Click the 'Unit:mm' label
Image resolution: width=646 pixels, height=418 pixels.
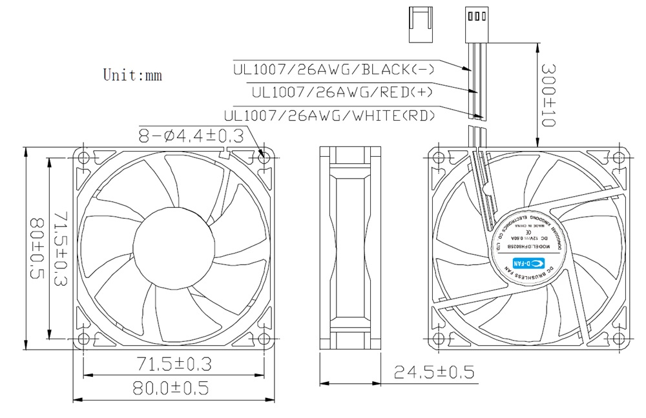click(132, 75)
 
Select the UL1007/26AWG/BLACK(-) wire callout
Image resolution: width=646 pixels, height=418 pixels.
click(333, 69)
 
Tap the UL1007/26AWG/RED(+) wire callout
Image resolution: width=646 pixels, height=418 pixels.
click(342, 92)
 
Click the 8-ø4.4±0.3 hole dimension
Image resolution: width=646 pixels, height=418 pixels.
click(191, 135)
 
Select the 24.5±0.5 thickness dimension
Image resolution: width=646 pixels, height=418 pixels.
click(434, 372)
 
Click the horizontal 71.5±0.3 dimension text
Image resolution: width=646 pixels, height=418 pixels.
click(174, 364)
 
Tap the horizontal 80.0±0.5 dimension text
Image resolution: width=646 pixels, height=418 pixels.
click(172, 388)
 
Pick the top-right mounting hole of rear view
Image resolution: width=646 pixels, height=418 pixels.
click(619, 156)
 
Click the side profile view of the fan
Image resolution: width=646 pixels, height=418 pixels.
click(352, 248)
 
